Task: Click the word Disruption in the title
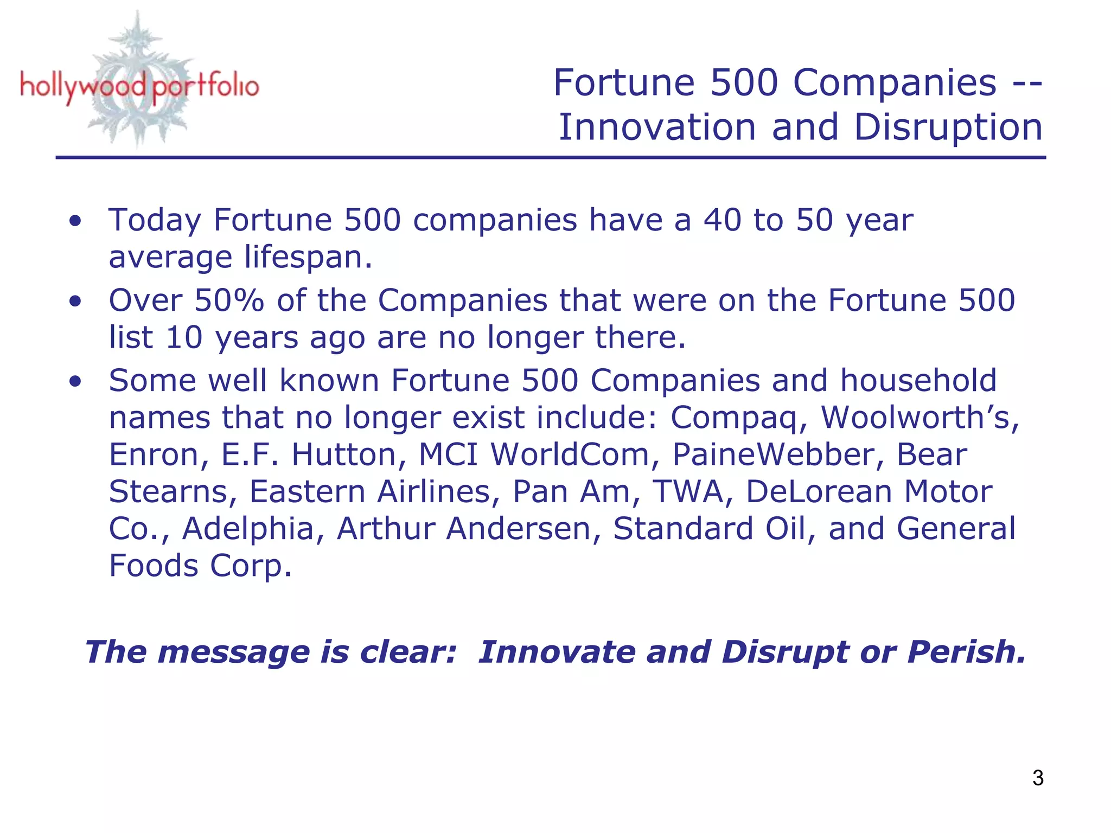coord(948,127)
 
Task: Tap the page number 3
coord(1038,778)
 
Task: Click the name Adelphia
coord(248,529)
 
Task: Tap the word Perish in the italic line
coord(966,651)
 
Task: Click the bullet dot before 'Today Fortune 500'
coord(75,221)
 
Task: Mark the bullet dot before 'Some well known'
coord(75,381)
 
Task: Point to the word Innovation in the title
coord(657,127)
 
